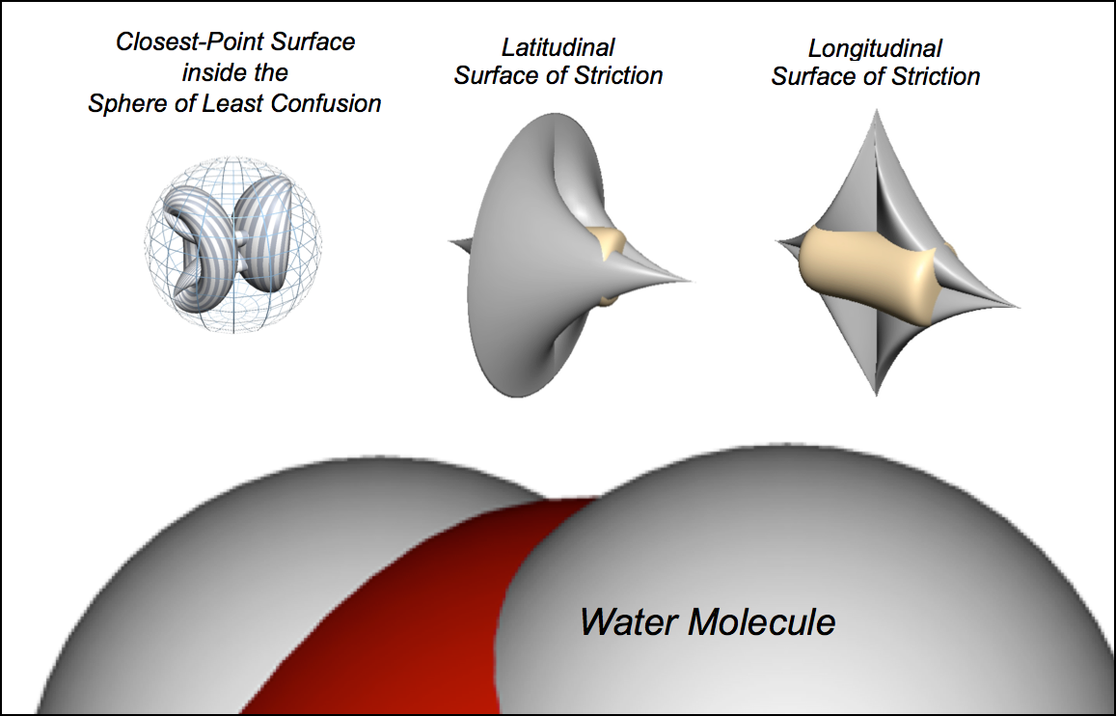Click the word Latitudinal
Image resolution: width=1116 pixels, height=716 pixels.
(x=558, y=47)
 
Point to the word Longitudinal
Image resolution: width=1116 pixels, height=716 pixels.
(x=875, y=48)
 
